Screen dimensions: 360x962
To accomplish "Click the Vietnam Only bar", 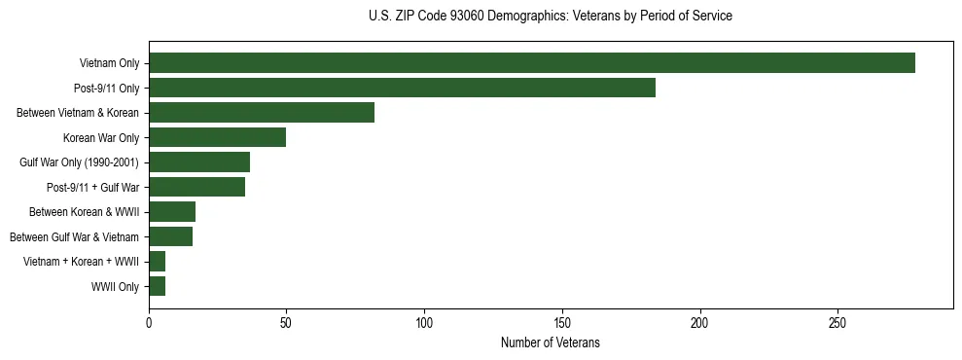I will coord(532,63).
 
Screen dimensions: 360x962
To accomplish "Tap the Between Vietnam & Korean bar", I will coord(262,113).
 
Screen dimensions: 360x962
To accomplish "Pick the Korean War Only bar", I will coord(217,137).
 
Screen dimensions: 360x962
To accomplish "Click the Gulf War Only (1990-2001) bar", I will coord(199,162).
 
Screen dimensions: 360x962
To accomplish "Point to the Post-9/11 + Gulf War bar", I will coord(196,187).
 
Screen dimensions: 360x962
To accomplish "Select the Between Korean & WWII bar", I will coord(172,212).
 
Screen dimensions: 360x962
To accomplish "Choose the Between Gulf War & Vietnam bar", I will coord(170,236).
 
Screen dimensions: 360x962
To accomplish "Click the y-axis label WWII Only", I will coord(115,287).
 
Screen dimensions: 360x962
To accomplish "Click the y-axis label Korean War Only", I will coord(101,138).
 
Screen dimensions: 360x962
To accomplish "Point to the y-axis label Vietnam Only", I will coord(109,63).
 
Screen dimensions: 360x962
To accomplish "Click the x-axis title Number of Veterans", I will coord(551,343).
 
